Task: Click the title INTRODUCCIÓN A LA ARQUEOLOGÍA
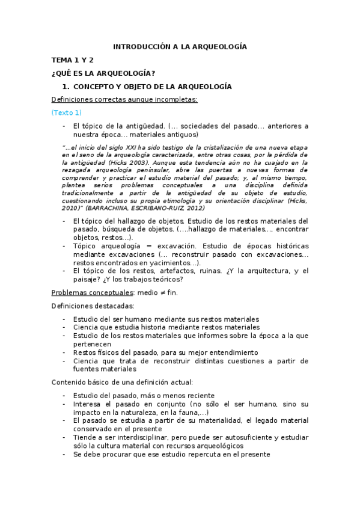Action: click(180, 47)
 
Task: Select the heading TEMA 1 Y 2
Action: click(72, 60)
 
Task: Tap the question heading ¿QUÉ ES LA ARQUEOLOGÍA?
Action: click(103, 73)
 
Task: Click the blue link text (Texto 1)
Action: click(66, 112)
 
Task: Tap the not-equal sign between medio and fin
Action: click(157, 292)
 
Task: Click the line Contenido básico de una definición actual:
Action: click(122, 381)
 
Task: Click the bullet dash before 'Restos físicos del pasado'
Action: click(64, 352)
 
